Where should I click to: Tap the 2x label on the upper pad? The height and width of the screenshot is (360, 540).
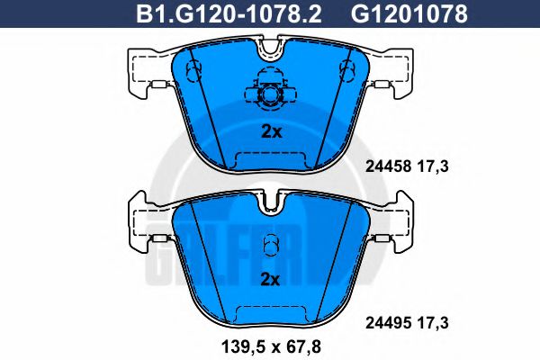click(271, 131)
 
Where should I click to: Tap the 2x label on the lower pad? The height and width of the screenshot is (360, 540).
click(271, 279)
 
